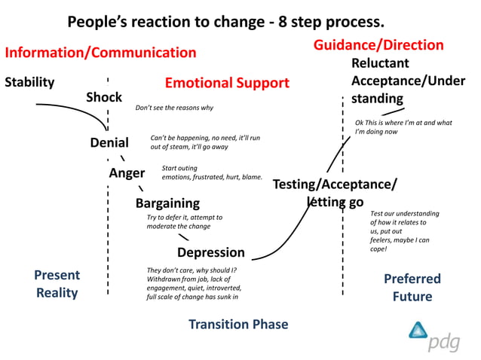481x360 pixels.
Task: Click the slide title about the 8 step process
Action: [225, 20]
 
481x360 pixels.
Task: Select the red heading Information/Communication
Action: [100, 53]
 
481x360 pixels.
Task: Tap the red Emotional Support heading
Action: [227, 83]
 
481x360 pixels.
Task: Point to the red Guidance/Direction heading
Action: [378, 45]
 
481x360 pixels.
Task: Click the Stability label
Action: [29, 82]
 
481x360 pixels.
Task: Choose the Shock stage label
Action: [104, 97]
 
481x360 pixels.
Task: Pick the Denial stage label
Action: [109, 142]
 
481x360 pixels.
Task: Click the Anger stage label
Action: [127, 173]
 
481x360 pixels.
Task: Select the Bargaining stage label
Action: [167, 203]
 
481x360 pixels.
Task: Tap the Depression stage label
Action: [211, 252]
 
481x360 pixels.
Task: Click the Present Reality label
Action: [57, 285]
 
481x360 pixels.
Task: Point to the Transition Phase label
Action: [238, 325]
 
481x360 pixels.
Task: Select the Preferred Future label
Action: [412, 288]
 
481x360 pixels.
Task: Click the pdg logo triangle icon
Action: [418, 331]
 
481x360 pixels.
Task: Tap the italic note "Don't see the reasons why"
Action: [174, 108]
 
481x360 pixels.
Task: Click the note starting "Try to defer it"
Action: [184, 221]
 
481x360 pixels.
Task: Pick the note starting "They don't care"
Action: [194, 284]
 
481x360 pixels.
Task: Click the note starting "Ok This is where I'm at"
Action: [403, 127]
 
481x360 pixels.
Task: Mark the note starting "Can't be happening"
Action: [205, 142]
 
